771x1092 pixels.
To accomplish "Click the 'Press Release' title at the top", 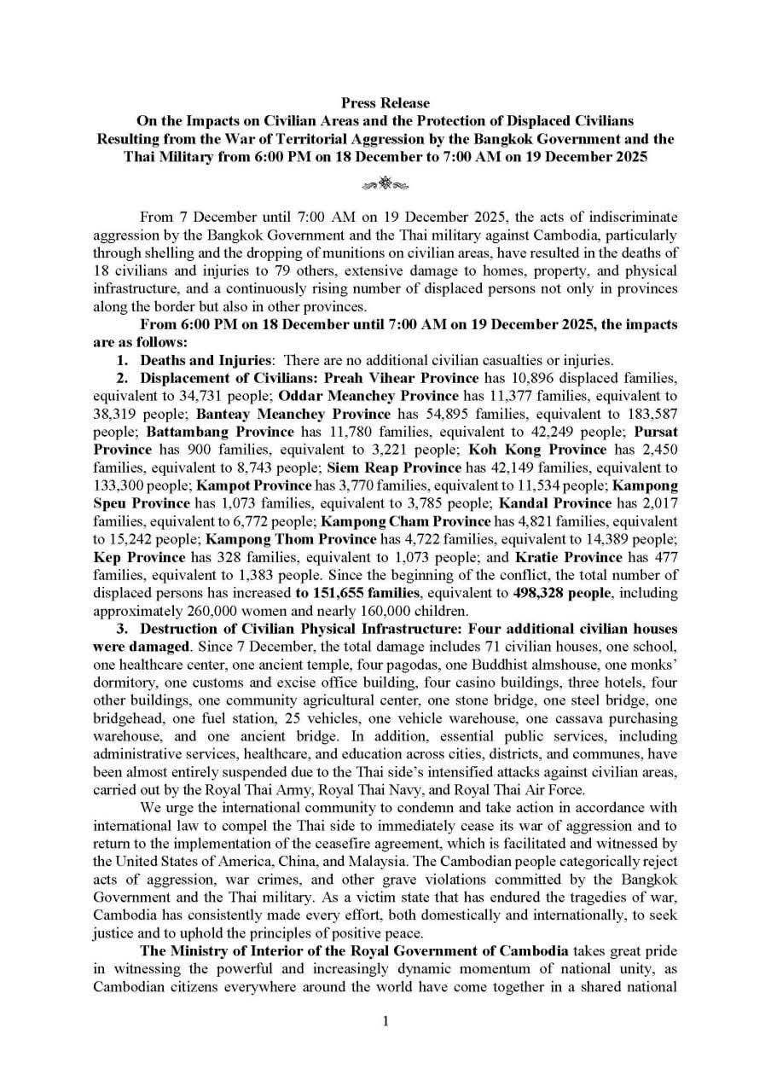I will pos(385,103).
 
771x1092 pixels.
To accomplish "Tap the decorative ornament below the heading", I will pos(385,183).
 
